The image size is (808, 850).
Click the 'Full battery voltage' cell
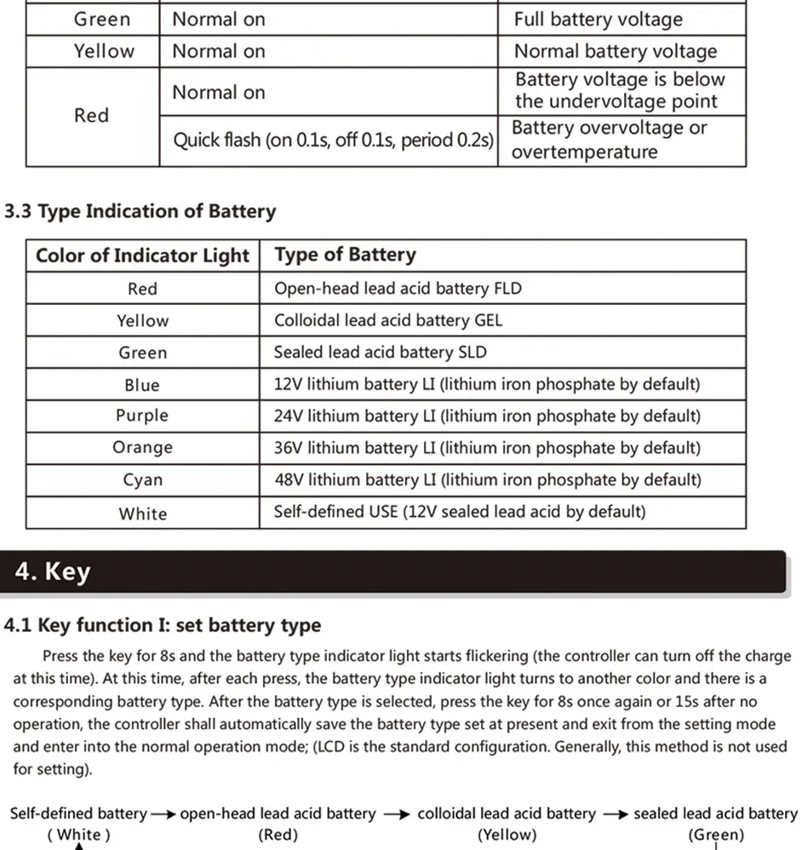(x=598, y=20)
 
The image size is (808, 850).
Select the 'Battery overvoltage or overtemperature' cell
(x=609, y=141)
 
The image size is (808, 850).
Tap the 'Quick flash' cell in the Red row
(x=333, y=141)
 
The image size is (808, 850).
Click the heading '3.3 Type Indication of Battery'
(x=140, y=211)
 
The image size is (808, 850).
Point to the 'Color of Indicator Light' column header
(x=142, y=256)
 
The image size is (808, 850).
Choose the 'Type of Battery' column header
(x=345, y=255)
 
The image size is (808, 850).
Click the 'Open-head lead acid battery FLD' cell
(x=398, y=289)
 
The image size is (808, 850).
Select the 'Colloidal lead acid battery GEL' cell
(x=388, y=321)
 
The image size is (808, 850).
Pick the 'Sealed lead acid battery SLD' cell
(x=380, y=353)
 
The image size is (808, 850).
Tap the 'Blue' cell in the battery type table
(x=142, y=385)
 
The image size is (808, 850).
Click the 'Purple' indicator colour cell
(x=142, y=416)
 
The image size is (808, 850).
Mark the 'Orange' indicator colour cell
(x=142, y=448)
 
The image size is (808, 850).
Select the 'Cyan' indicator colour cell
(x=142, y=480)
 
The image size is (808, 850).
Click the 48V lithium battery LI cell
(x=487, y=480)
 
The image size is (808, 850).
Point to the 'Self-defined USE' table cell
(x=459, y=512)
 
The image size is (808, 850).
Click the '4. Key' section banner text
(x=52, y=571)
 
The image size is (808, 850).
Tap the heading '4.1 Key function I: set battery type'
(x=163, y=625)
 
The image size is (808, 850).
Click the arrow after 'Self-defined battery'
(x=163, y=814)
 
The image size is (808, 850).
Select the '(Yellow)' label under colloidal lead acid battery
(x=507, y=835)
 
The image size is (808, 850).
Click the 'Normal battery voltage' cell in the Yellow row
(x=615, y=51)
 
